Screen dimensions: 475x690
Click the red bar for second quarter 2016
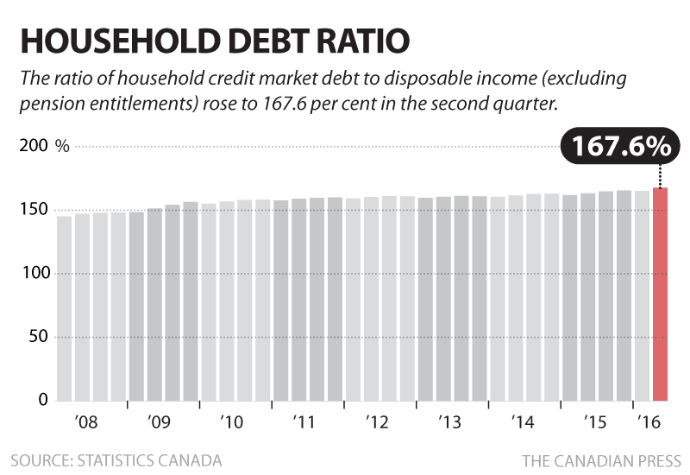click(x=661, y=294)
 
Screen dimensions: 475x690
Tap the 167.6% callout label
click(x=617, y=146)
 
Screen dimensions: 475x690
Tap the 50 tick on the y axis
click(x=35, y=337)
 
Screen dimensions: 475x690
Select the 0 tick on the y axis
click(x=40, y=400)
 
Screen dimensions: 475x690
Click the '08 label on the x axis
click(x=85, y=423)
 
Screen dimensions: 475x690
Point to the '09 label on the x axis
click(x=158, y=423)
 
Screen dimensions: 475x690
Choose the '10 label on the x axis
click(x=230, y=423)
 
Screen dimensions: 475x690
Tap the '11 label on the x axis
click(x=303, y=423)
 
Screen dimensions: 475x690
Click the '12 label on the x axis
click(x=376, y=423)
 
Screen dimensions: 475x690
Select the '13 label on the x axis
click(x=448, y=423)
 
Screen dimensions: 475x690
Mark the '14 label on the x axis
click(x=521, y=423)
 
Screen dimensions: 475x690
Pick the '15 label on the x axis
click(x=593, y=423)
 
